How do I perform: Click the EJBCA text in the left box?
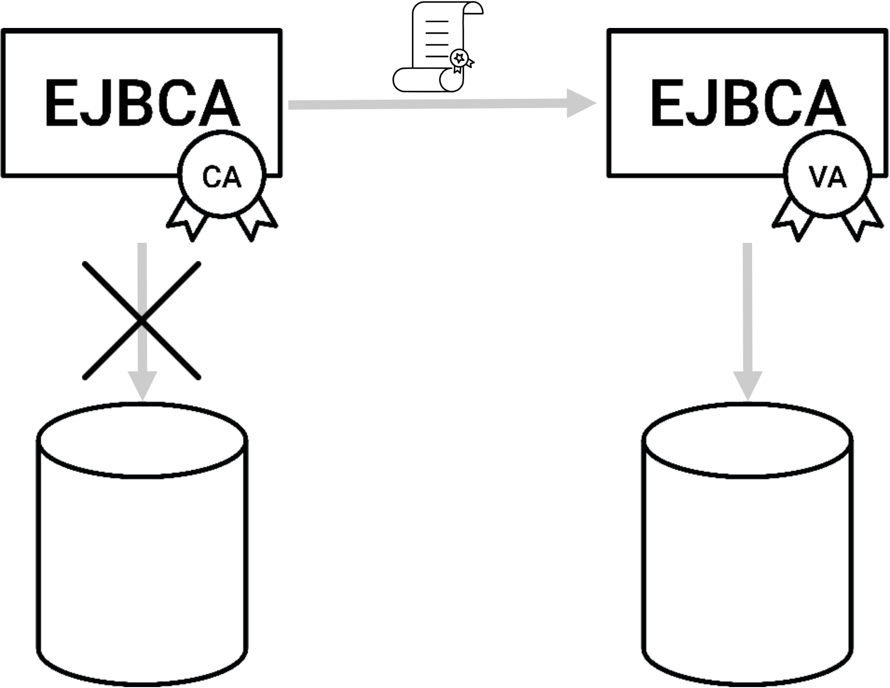coord(142,103)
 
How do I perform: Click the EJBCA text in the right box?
coord(747,103)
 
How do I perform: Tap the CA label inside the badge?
coord(222,178)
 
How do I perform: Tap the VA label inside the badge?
coord(828,178)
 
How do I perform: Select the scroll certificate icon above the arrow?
coord(437,47)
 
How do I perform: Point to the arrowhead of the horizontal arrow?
coord(580,103)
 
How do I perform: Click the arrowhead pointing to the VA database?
coord(747,385)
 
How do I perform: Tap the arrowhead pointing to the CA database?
coord(143,385)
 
